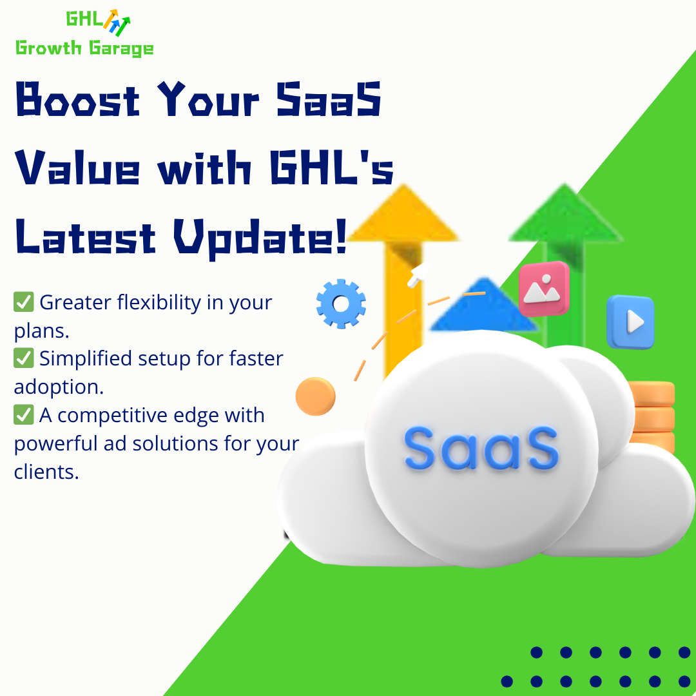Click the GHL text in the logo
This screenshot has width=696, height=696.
coord(83,20)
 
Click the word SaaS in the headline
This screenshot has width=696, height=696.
coord(329,101)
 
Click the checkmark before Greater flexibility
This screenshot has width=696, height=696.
coord(24,302)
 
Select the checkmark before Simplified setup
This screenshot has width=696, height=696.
coord(24,358)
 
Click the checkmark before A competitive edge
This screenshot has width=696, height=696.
coord(24,415)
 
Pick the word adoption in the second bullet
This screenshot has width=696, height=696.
coord(58,387)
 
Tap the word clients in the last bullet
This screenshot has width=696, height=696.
coord(45,472)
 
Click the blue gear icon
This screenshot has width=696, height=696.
coord(341,304)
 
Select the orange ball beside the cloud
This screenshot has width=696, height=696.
coord(316,396)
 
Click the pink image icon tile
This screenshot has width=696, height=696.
coord(544,289)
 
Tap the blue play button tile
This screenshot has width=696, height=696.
coord(630,322)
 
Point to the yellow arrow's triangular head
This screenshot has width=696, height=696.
coord(402,216)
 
